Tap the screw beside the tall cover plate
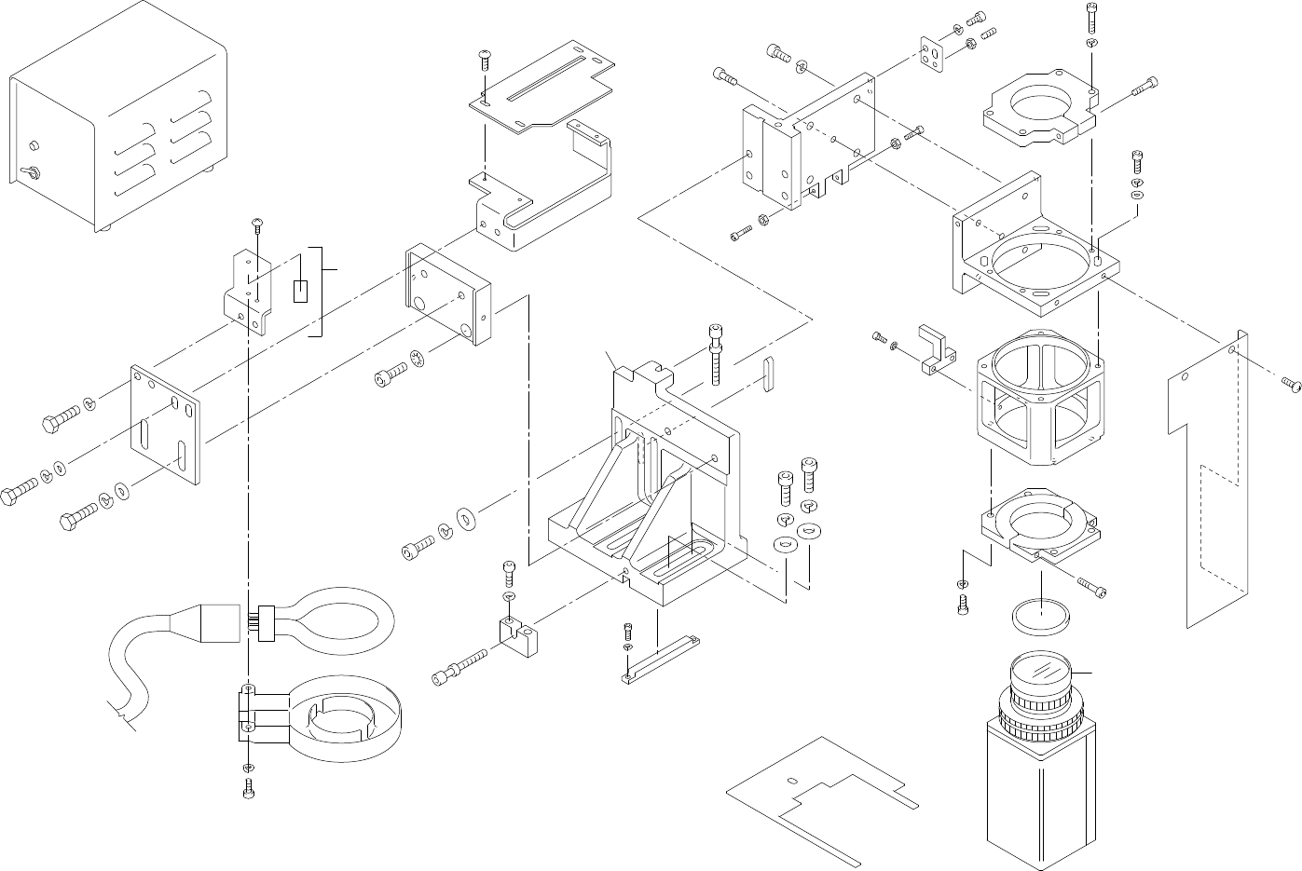tap(1291, 383)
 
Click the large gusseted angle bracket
tap(652, 503)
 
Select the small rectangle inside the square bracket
tap(300, 292)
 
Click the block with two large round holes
tap(448, 294)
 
